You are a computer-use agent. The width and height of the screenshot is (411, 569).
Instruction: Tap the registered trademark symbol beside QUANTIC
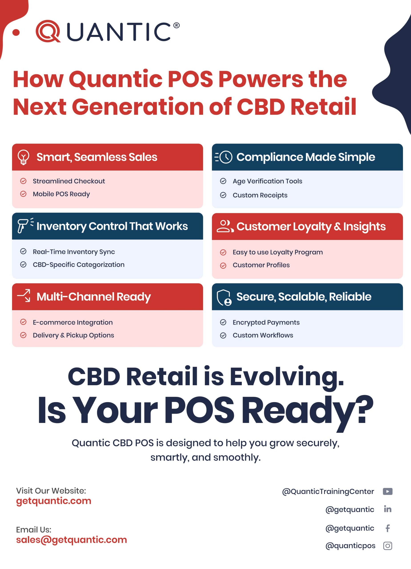click(176, 25)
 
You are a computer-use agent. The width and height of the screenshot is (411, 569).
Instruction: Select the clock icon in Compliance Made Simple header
click(226, 157)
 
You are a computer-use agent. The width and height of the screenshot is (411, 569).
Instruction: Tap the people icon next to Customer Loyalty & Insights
click(225, 226)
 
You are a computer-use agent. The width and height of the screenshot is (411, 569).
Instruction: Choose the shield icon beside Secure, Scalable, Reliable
click(224, 297)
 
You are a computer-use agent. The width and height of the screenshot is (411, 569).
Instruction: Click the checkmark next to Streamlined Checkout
click(23, 181)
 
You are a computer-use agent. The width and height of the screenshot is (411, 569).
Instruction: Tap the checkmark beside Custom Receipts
click(223, 195)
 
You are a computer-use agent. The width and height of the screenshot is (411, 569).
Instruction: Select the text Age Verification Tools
click(267, 181)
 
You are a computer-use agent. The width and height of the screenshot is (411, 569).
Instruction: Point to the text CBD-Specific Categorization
click(78, 265)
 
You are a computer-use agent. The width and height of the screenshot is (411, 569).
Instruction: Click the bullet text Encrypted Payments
click(266, 322)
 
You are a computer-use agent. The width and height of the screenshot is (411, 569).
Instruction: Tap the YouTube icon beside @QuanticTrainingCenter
click(387, 491)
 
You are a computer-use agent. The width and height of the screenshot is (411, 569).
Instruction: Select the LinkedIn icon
click(388, 509)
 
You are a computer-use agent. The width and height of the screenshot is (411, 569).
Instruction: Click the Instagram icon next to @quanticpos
click(388, 546)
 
